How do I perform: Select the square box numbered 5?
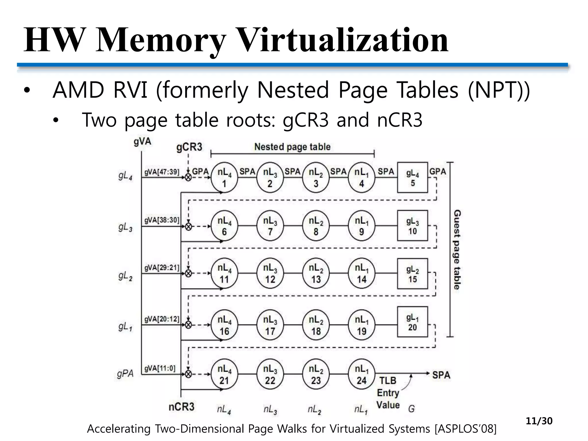(413, 177)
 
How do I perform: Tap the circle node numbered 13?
(316, 273)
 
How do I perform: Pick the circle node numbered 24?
(361, 374)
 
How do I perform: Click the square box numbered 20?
(413, 322)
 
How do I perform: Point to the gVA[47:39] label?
(162, 172)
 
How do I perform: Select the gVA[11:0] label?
(160, 368)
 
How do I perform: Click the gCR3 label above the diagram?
(189, 147)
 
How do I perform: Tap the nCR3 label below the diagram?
(181, 407)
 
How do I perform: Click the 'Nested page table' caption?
(292, 147)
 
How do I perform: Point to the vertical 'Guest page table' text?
(457, 249)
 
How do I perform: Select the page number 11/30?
(539, 421)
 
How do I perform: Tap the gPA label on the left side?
(125, 374)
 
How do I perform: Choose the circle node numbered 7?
(270, 226)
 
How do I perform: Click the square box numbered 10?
(413, 226)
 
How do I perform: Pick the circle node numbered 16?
(224, 325)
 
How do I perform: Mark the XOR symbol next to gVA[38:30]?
(188, 227)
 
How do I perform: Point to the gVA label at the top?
(142, 142)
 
